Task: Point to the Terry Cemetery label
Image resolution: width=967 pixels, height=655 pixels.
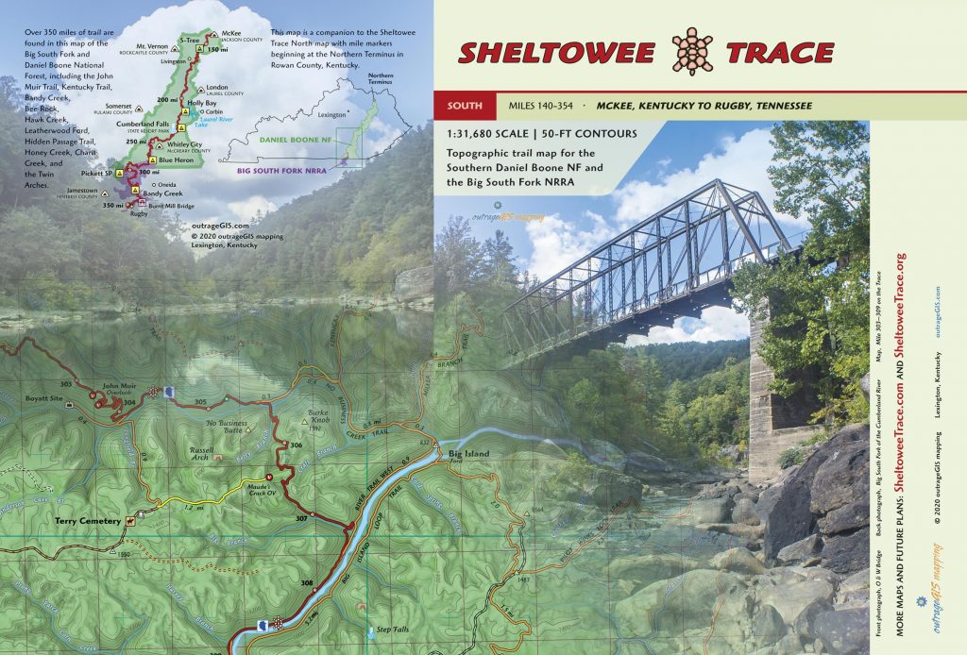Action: (88, 521)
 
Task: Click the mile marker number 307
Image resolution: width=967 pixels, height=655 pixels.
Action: (301, 519)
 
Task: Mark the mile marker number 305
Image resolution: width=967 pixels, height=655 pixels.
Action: (199, 403)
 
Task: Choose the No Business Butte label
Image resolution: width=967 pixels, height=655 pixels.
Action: (226, 427)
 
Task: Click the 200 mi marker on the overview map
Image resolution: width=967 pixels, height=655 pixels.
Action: (167, 99)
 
